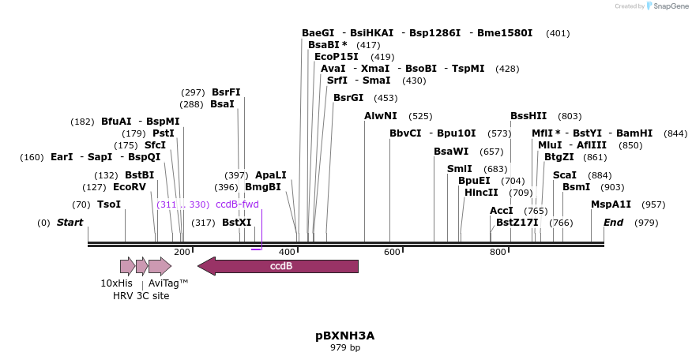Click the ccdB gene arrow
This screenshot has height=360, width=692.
pos(280,266)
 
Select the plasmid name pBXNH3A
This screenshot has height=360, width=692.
pos(345,336)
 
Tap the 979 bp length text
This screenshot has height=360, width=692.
pos(345,347)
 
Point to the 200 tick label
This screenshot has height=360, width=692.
pos(182,252)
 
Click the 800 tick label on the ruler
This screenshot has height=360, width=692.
pos(498,252)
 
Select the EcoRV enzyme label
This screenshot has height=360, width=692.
pos(130,187)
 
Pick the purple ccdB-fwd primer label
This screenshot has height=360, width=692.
pos(237,204)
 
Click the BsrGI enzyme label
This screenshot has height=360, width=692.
pos(348,98)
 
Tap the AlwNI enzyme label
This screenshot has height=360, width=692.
pos(381,116)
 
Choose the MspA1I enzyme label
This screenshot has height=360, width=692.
pos(611,204)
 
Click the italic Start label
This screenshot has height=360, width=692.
pos(70,223)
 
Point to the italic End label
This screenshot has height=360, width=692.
pos(614,223)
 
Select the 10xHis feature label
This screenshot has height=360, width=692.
pos(116,283)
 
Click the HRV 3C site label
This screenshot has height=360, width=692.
pos(141,296)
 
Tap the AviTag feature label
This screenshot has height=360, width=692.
pos(168,283)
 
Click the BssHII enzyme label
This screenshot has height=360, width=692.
pos(528,116)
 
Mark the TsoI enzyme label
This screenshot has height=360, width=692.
pos(109,204)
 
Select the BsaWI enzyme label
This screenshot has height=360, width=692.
pos(451,152)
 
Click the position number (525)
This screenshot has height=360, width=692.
pos(420,116)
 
